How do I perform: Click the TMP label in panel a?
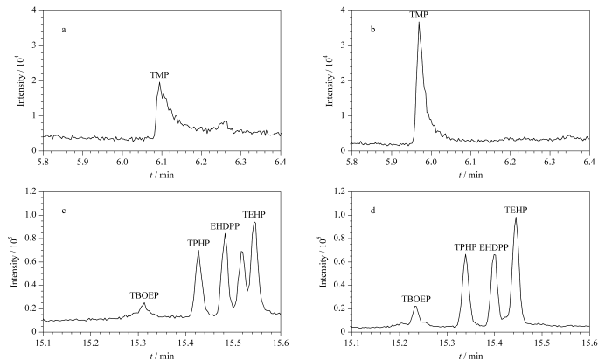(158, 75)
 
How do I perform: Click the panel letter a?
(64, 30)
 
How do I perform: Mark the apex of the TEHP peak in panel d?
(516, 218)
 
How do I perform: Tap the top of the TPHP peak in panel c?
(198, 252)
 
